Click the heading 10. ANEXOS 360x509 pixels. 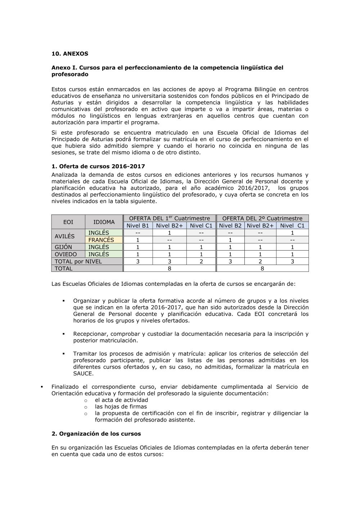click(70, 54)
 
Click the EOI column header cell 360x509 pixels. click(68, 222)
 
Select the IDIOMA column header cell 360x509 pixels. click(104, 222)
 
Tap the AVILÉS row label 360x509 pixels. click(64, 236)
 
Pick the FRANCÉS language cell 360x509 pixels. click(101, 240)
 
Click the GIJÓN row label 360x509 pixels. click(63, 247)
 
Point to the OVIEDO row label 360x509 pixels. click(66, 254)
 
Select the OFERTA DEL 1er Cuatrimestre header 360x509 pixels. click(169, 218)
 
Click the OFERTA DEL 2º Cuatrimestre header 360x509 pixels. click(262, 218)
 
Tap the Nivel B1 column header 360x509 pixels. click(138, 226)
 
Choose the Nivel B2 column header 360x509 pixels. click(230, 226)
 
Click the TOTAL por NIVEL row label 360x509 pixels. click(78, 261)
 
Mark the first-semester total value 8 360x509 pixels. click(169, 269)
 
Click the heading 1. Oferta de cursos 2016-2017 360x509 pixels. click(98, 166)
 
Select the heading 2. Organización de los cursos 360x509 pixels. click(96, 434)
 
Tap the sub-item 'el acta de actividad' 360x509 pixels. click(121, 400)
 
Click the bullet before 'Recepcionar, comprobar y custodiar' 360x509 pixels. click(63, 334)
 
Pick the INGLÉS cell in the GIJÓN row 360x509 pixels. click(99, 247)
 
